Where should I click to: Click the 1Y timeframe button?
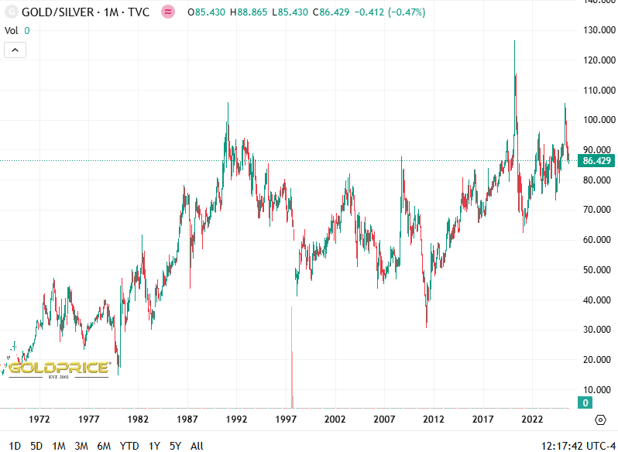[154, 446]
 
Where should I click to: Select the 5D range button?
[36, 446]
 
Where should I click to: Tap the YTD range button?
[129, 446]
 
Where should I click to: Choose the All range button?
[197, 446]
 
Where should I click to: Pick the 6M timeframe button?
[104, 446]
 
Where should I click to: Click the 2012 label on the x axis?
[434, 419]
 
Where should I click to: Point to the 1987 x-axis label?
[187, 419]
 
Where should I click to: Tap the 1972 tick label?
[39, 419]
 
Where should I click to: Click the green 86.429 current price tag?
[598, 161]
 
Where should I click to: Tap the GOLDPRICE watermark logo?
[60, 368]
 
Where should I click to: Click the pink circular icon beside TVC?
[167, 12]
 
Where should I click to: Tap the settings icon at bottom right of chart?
[600, 419]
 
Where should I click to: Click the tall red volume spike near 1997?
[292, 356]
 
